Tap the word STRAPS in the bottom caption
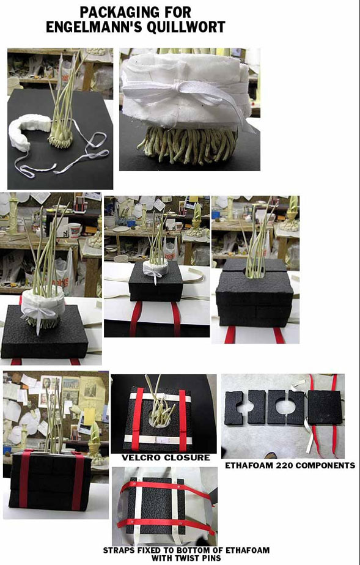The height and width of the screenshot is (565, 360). [119, 550]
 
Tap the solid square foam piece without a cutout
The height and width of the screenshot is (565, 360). [325, 407]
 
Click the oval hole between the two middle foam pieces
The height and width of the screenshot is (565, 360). [286, 407]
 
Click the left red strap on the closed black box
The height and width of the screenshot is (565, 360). [24, 479]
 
